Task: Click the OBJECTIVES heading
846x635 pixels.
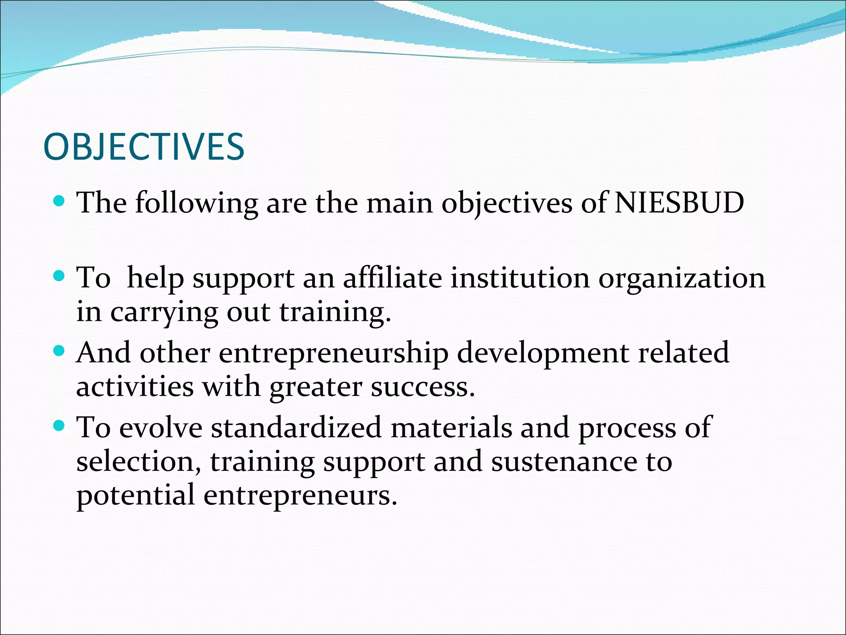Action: tap(144, 147)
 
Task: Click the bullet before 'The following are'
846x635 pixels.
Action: tap(60, 201)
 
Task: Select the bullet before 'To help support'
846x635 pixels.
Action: tap(60, 276)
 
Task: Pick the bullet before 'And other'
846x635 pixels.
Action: tap(60, 351)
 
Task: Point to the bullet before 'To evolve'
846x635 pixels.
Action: tap(60, 425)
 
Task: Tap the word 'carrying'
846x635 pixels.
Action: tap(164, 313)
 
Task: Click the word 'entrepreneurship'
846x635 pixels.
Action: tap(333, 353)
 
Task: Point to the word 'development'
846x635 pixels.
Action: tap(543, 353)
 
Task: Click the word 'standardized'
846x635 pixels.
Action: tap(296, 427)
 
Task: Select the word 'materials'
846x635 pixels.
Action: tap(451, 427)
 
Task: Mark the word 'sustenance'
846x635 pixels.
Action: tap(564, 462)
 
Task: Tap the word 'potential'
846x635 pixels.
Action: tap(135, 496)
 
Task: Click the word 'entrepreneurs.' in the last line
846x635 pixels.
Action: tap(300, 496)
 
